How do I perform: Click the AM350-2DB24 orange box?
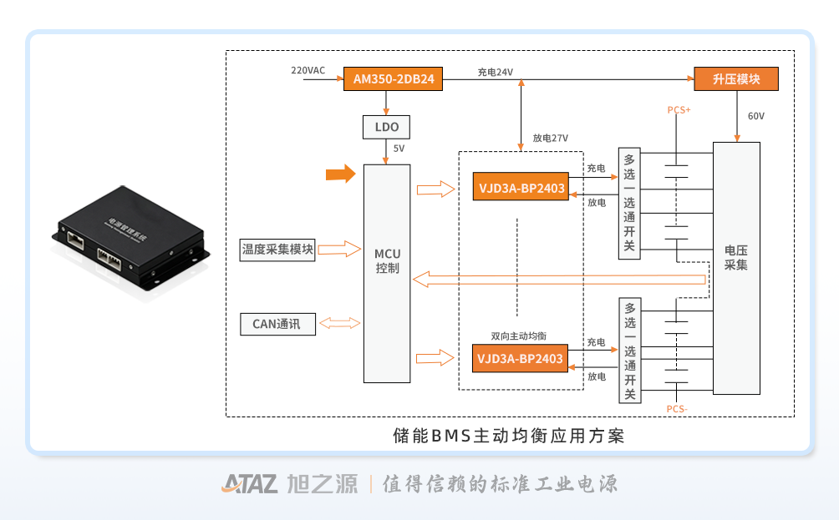(x=393, y=80)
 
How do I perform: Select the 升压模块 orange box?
(x=736, y=80)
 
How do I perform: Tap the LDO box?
(x=386, y=128)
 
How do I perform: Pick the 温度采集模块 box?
(x=277, y=249)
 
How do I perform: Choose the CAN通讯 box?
(x=277, y=323)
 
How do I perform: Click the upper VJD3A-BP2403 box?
(x=519, y=189)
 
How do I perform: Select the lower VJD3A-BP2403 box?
(x=519, y=359)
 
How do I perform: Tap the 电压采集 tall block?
(x=736, y=267)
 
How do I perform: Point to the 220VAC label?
(x=308, y=70)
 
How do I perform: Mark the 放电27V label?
(x=550, y=138)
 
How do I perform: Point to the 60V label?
(x=755, y=116)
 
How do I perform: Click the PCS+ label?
(x=679, y=110)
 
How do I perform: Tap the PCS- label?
(x=677, y=408)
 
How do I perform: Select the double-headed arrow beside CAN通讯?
(x=340, y=323)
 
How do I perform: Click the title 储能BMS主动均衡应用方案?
(x=509, y=436)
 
